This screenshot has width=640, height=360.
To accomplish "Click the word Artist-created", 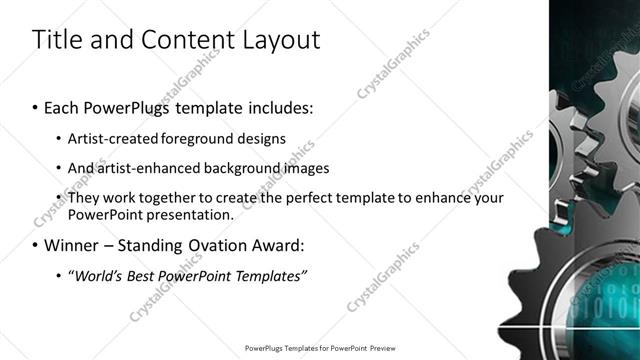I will (x=111, y=139).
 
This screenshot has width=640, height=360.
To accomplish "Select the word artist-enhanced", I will (x=140, y=168).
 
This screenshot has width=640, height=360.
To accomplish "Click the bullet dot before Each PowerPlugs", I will (x=35, y=107).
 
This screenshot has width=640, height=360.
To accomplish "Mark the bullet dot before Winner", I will (x=35, y=245).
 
